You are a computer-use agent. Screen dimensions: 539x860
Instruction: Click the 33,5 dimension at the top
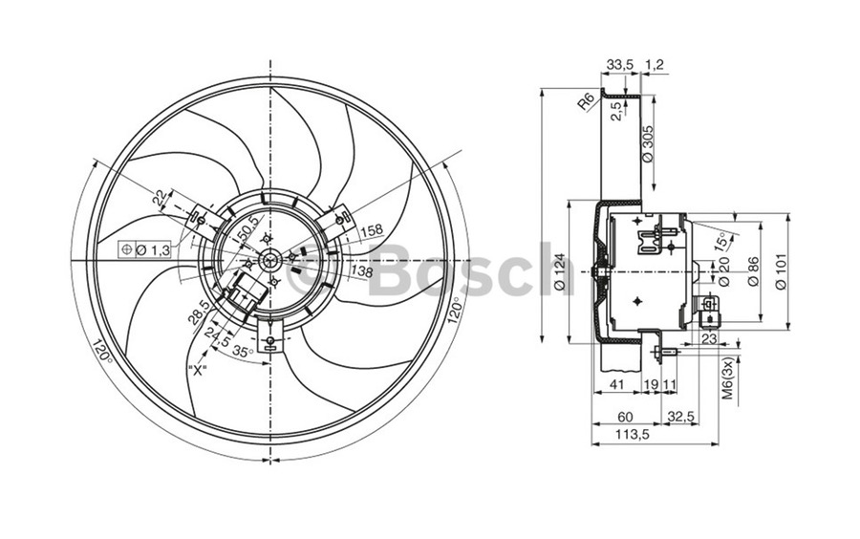tap(619, 65)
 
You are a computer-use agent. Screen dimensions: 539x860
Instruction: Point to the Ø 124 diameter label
tap(559, 270)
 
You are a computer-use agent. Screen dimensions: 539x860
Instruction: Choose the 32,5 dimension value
tap(679, 417)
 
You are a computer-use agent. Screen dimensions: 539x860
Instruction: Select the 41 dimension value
tap(615, 384)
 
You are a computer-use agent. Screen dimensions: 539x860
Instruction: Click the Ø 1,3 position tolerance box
tap(145, 249)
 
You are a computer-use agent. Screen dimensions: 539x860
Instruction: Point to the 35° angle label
tap(243, 352)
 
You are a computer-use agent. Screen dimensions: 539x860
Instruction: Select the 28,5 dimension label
tap(198, 311)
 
